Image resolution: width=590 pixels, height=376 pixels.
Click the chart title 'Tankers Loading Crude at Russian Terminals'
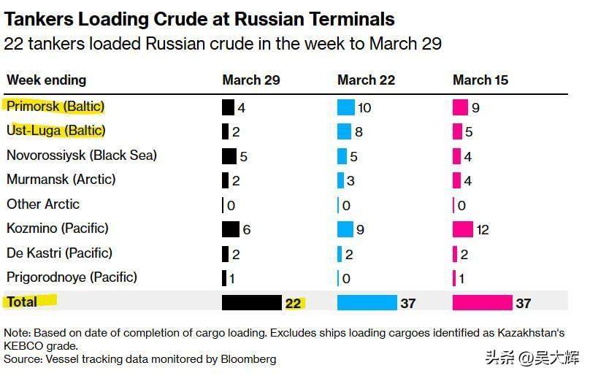[x=199, y=19]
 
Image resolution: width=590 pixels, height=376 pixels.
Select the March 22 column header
[x=366, y=80]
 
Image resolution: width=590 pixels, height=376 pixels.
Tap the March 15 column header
[x=480, y=80]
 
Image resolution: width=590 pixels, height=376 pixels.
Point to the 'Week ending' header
[x=47, y=80]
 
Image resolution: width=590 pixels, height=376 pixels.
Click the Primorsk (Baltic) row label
[x=55, y=107]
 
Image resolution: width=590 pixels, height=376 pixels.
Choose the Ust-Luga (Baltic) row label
[x=56, y=131]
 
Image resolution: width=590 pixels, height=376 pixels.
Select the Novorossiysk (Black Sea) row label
[x=82, y=156]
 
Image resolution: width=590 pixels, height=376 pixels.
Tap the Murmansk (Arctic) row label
[x=61, y=180]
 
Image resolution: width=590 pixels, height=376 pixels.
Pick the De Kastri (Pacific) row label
[x=60, y=253]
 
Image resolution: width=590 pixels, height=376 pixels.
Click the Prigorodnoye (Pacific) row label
[x=72, y=277]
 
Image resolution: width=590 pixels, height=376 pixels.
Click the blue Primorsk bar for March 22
[x=345, y=108]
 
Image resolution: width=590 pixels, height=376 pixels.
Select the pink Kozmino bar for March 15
[x=463, y=229]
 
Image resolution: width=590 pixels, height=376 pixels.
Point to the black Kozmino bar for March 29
[x=231, y=229]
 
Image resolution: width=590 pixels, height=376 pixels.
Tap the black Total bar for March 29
[x=252, y=302]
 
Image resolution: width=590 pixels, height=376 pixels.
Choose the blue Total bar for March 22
[x=367, y=302]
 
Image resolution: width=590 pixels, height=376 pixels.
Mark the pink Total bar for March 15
[x=482, y=302]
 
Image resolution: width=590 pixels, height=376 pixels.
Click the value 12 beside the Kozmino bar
[x=483, y=230]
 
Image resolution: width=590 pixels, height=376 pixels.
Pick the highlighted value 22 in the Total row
[x=294, y=303]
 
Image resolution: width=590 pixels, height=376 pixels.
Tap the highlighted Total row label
[x=23, y=301]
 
